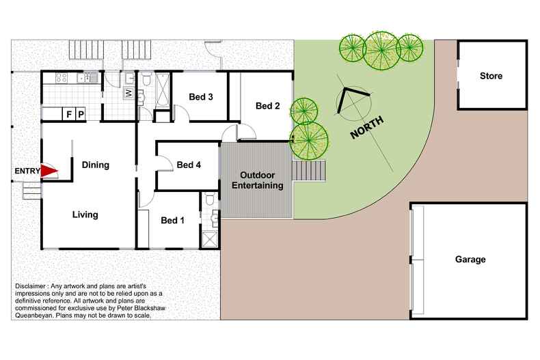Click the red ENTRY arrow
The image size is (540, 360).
[49, 171]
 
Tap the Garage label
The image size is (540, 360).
[470, 259]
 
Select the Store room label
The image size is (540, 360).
[491, 76]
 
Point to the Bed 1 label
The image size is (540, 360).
[172, 220]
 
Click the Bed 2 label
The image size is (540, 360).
[267, 106]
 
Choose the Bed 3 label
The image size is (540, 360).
[201, 97]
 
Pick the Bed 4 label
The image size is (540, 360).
[189, 165]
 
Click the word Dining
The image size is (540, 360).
[96, 165]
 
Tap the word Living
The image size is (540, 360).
[85, 214]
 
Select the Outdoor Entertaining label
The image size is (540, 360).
[258, 180]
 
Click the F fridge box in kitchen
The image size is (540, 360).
[69, 114]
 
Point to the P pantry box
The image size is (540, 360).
[81, 114]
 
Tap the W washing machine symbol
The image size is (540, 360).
[128, 94]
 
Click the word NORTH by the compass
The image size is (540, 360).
[367, 127]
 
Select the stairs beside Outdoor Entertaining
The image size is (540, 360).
[308, 170]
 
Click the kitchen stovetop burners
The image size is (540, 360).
[62, 78]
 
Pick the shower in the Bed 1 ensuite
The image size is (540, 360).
[210, 240]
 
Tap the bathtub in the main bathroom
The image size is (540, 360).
[163, 91]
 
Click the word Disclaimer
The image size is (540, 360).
[30, 286]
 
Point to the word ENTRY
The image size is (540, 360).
[27, 171]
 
